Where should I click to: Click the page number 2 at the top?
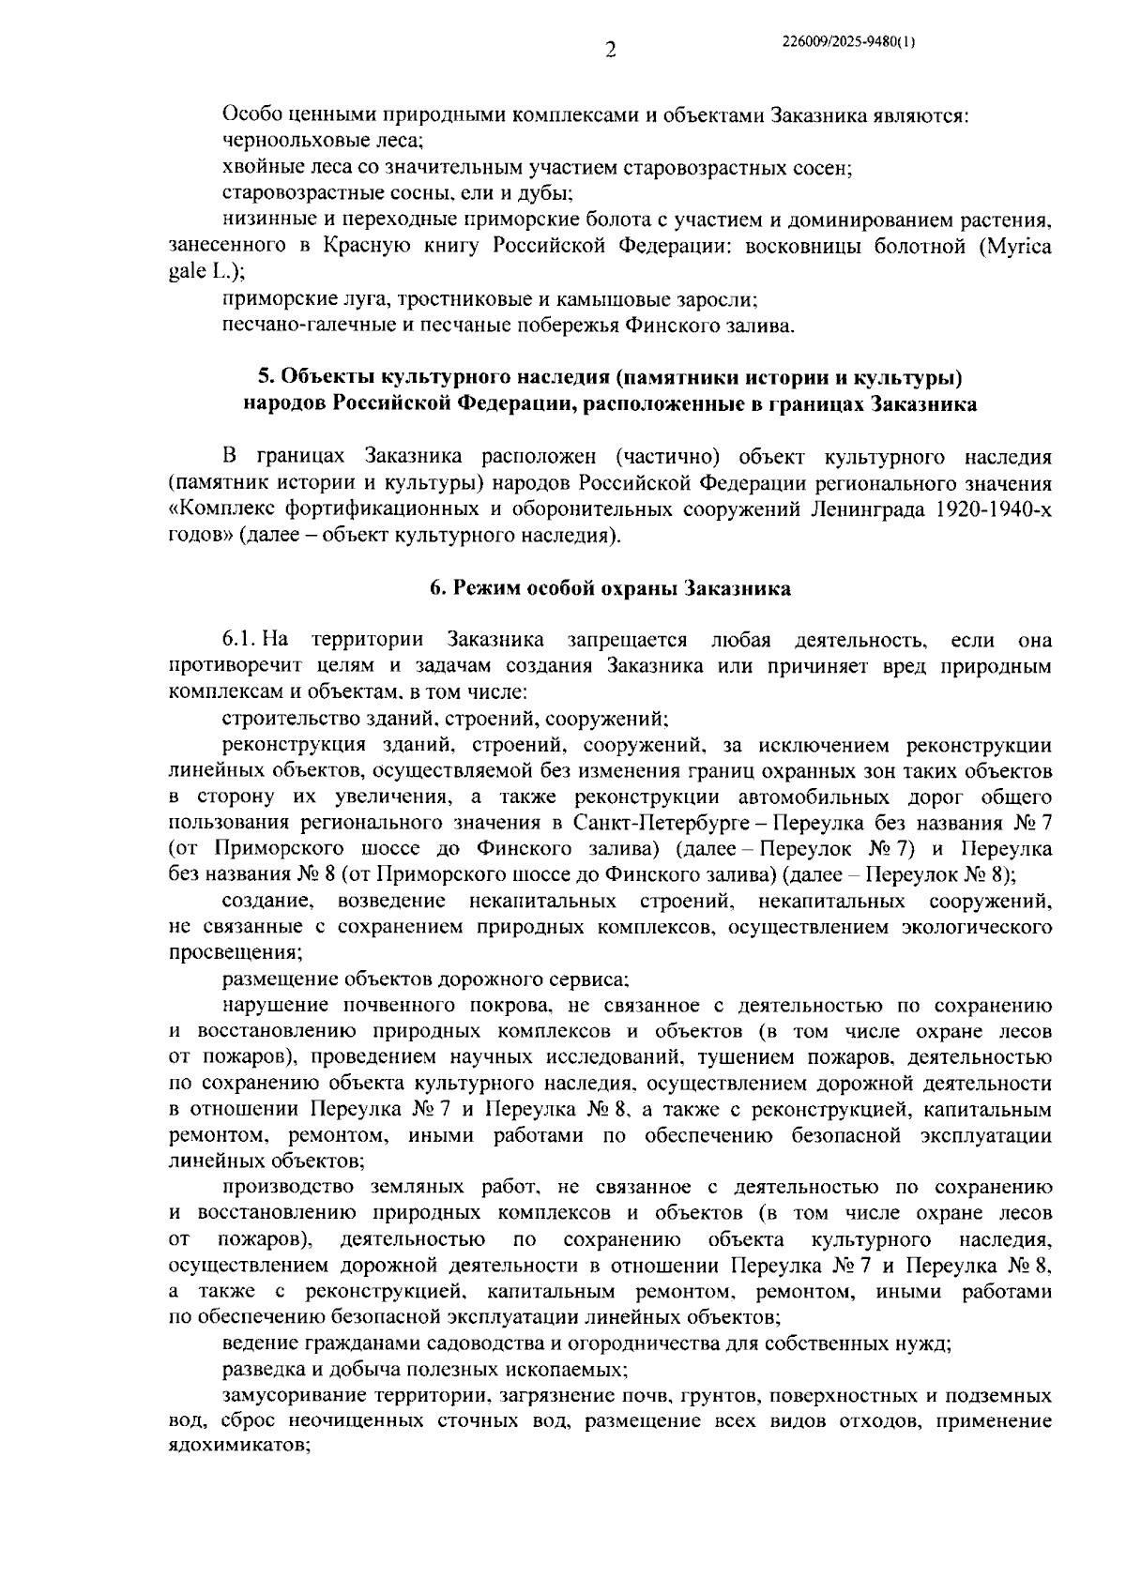[x=610, y=51]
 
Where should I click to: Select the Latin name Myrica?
[x=1015, y=247]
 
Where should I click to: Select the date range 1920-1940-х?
[x=997, y=510]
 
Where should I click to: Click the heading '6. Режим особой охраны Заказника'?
[x=610, y=589]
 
